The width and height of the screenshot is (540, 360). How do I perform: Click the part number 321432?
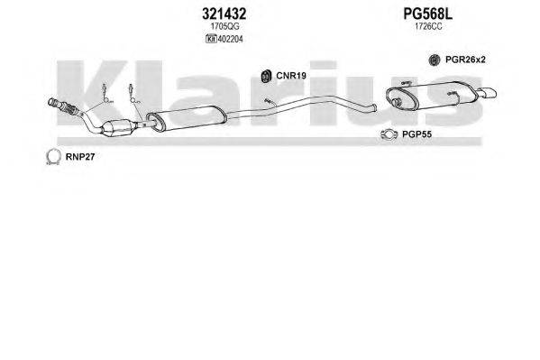pyautogui.click(x=224, y=14)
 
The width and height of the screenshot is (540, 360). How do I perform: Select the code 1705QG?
pyautogui.click(x=224, y=26)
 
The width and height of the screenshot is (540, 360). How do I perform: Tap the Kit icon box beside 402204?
pyautogui.click(x=211, y=39)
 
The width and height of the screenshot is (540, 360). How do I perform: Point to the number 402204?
pyautogui.click(x=230, y=39)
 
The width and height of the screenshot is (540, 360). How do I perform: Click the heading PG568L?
pyautogui.click(x=427, y=14)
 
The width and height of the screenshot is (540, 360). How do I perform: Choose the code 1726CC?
pyautogui.click(x=428, y=26)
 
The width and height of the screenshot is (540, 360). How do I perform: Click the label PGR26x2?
pyautogui.click(x=465, y=60)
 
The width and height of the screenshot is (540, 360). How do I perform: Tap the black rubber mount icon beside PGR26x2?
pyautogui.click(x=435, y=60)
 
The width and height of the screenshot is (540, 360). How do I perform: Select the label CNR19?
pyautogui.click(x=291, y=76)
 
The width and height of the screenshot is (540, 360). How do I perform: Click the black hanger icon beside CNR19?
pyautogui.click(x=266, y=76)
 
